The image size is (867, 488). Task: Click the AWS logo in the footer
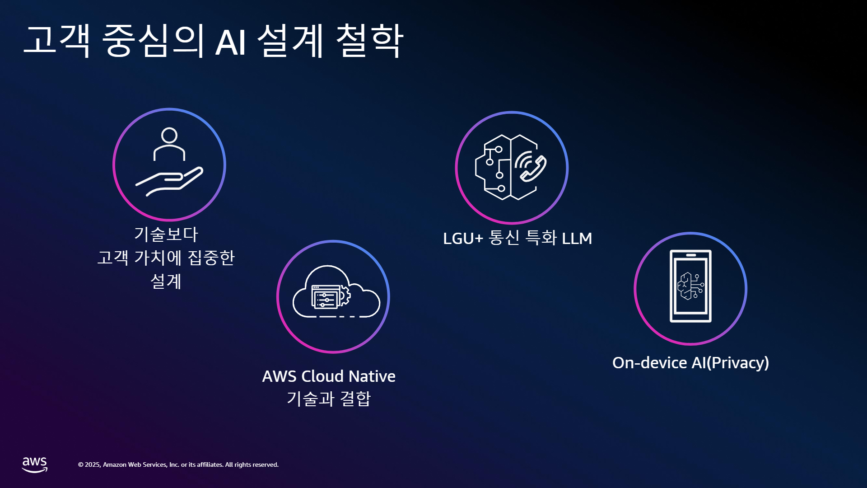pos(35,465)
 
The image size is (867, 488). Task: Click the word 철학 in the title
pos(370,41)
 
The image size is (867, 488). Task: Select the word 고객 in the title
pos(57,41)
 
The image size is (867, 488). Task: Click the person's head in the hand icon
pos(169,135)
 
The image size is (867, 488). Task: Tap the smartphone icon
pos(690,286)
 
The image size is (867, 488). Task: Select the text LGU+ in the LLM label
pos(463,239)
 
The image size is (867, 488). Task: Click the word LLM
pos(577,239)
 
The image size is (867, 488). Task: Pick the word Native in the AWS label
pos(372,376)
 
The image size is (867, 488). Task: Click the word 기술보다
pos(166,234)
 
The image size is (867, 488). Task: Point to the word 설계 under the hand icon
pos(166,282)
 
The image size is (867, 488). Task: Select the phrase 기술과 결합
pos(329,399)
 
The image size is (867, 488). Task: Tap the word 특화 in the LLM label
pos(541,238)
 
